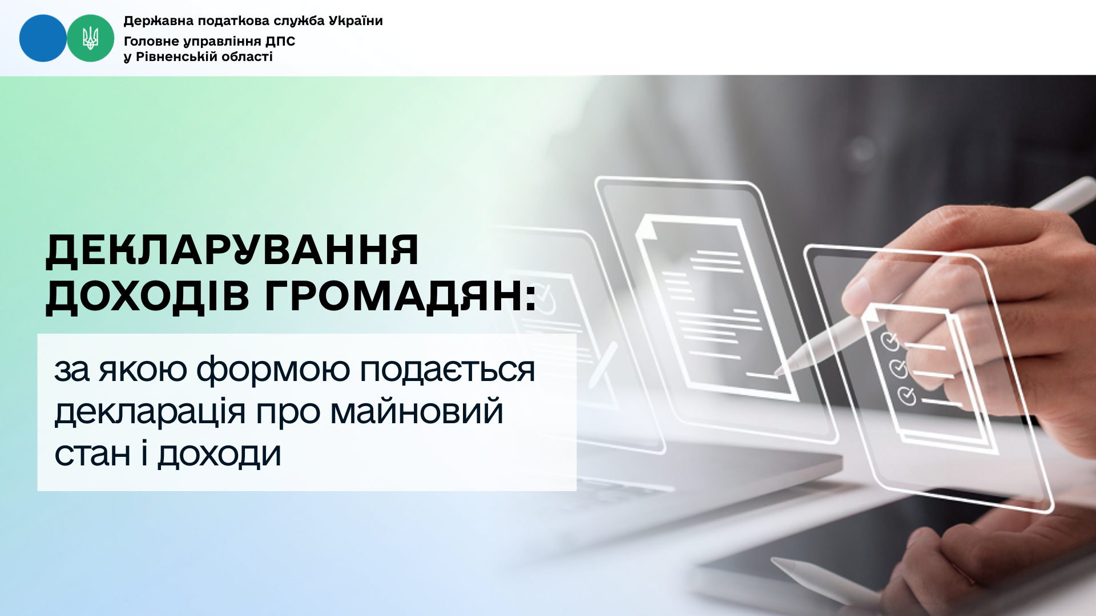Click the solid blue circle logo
43,38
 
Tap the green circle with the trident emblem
91,38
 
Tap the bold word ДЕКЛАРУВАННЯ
232,250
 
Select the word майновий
417,412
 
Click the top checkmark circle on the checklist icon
889,341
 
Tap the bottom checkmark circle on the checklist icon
907,395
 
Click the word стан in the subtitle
92,455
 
